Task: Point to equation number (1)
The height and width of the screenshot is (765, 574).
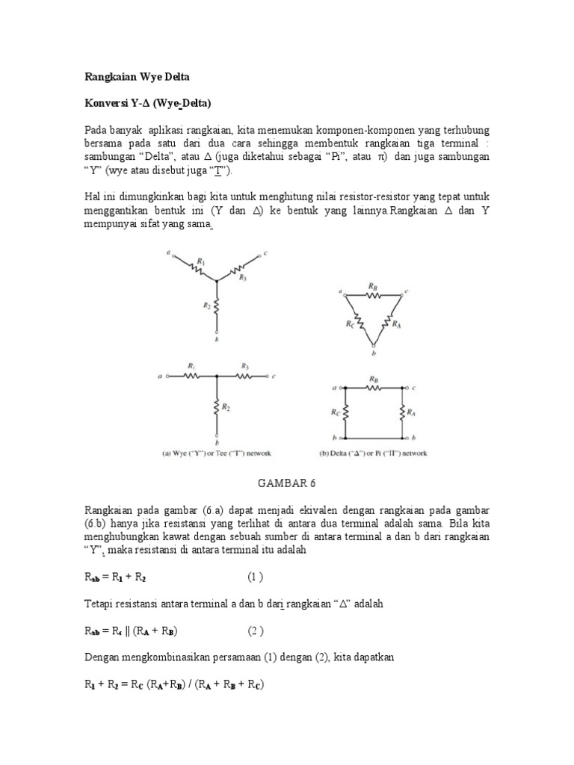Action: pyautogui.click(x=256, y=577)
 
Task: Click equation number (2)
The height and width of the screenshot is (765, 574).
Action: pyautogui.click(x=256, y=630)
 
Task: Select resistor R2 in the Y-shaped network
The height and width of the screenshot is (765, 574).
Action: pyautogui.click(x=217, y=307)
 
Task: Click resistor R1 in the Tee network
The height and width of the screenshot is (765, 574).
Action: pyautogui.click(x=191, y=377)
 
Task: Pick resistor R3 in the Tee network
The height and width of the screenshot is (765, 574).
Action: pyautogui.click(x=244, y=377)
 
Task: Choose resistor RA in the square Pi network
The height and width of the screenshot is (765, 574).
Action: pyautogui.click(x=404, y=412)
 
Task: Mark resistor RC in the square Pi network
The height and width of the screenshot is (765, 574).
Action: pyautogui.click(x=345, y=412)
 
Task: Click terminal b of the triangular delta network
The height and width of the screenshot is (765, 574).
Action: pyautogui.click(x=374, y=347)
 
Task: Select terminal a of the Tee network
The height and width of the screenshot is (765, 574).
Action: pyautogui.click(x=164, y=377)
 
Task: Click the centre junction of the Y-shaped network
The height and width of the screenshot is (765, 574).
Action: pyautogui.click(x=217, y=282)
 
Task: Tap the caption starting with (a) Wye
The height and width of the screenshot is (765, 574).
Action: pyautogui.click(x=217, y=453)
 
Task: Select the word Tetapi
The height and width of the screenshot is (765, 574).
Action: pyautogui.click(x=96, y=604)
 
